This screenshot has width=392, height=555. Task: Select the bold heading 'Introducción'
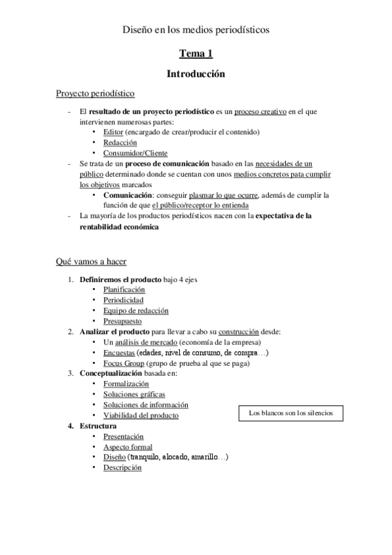[196, 74]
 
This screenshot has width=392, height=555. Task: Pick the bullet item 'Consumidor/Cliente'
[135, 152]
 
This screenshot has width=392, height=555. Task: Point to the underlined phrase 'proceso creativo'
[260, 111]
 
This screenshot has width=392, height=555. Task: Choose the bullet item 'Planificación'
[124, 289]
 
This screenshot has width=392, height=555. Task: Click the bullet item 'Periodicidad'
[123, 300]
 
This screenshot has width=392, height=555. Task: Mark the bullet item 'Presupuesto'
[123, 321]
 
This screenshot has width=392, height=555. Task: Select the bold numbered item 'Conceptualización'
[110, 373]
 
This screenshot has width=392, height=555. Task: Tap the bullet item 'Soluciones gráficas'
[134, 394]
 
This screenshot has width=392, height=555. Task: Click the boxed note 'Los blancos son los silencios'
[291, 413]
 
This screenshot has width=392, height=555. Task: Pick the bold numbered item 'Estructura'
[98, 426]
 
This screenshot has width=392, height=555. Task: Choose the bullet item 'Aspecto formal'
[128, 446]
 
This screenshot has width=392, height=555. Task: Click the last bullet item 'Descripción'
[122, 467]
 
